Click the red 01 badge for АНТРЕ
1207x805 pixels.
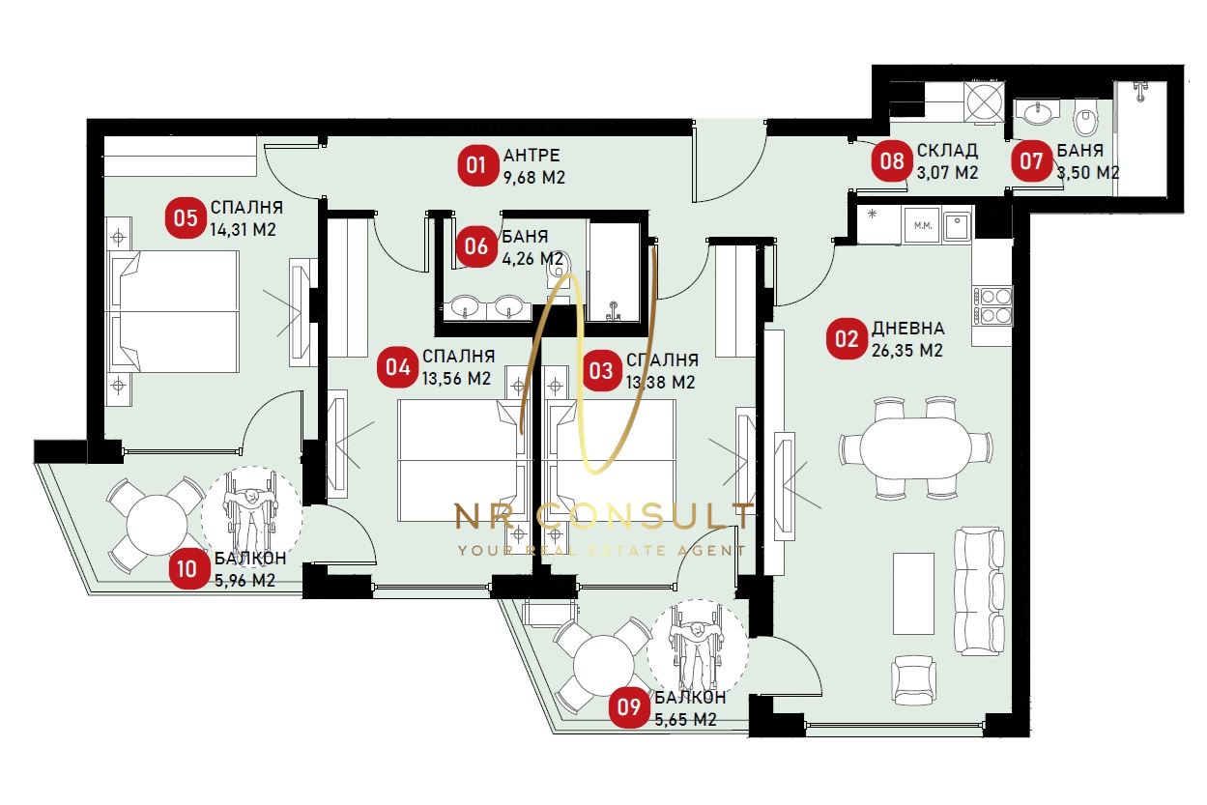(x=477, y=165)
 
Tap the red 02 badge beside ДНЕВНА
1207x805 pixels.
(x=847, y=339)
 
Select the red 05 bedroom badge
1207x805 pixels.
(x=186, y=218)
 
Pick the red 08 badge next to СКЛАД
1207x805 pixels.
(x=892, y=161)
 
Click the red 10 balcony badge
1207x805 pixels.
(x=187, y=569)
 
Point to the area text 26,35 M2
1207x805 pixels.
(x=907, y=351)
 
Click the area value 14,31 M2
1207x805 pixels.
(x=243, y=230)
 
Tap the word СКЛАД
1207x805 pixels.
(x=947, y=151)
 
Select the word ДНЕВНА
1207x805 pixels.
(x=908, y=329)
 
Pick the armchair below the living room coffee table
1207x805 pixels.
(x=913, y=679)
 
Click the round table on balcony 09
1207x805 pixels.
(x=603, y=666)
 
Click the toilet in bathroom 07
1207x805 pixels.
(x=1085, y=117)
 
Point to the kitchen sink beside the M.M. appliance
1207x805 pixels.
(x=957, y=226)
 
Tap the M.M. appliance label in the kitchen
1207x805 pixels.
(x=923, y=226)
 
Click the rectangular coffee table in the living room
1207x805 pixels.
(x=913, y=593)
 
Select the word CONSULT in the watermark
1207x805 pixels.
(x=646, y=516)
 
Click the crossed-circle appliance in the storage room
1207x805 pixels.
(x=984, y=101)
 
